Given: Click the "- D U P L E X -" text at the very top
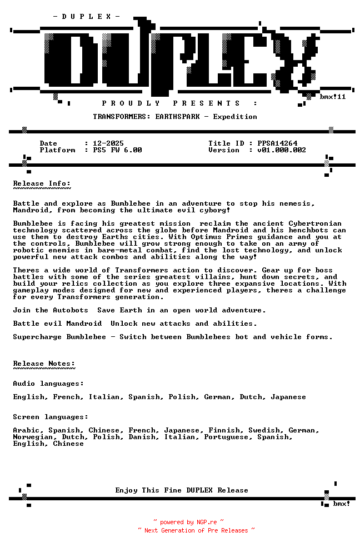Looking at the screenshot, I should click(x=86, y=17).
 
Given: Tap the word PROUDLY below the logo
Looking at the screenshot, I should click(x=131, y=103).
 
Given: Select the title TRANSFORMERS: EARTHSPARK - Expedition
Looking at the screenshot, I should click(x=175, y=117).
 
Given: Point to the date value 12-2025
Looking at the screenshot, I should click(x=108, y=143).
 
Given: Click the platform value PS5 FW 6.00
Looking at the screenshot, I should click(x=117, y=150).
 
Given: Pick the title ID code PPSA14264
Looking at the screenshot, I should click(x=277, y=143).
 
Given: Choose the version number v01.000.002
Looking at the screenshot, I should click(x=282, y=150).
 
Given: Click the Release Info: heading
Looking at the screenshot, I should click(x=42, y=183).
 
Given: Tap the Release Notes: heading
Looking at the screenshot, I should click(x=44, y=364).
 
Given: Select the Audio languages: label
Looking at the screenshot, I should click(x=48, y=384).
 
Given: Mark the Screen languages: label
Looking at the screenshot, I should click(x=51, y=417).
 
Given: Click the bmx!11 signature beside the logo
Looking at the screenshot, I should click(x=333, y=97).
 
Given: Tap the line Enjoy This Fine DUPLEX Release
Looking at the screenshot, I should click(x=182, y=490).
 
